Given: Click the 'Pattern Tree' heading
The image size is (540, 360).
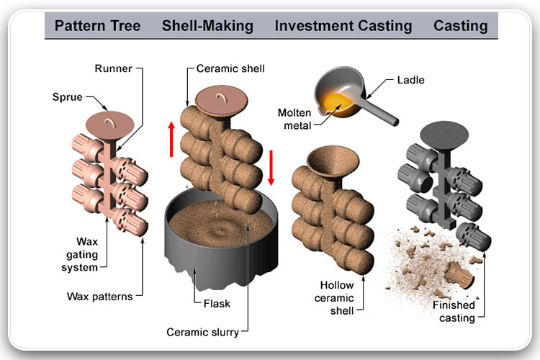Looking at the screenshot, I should point(97,27).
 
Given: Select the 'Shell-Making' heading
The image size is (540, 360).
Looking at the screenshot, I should point(207,27).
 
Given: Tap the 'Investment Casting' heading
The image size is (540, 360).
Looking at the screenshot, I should point(343,27).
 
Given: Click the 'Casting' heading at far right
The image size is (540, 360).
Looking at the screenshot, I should point(460,27).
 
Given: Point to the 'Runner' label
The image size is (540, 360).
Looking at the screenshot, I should point(112,69).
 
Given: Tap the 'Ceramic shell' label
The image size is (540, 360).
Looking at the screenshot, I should point(230,69).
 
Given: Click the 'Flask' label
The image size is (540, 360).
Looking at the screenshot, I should point(216,303).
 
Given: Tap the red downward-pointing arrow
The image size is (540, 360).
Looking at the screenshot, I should point(271,166).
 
